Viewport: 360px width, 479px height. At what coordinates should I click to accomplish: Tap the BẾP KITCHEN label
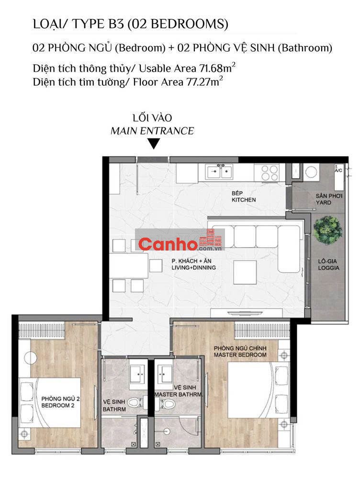(243, 196)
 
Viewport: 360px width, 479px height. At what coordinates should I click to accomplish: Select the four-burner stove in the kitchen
(270, 172)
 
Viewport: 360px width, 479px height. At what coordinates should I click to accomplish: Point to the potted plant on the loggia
(327, 229)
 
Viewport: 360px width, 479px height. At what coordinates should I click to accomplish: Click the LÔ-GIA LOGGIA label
(328, 264)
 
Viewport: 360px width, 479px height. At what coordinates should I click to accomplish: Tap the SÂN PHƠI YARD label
(329, 199)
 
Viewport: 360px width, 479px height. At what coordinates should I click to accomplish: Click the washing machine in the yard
(311, 172)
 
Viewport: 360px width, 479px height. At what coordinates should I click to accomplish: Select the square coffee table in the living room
(245, 272)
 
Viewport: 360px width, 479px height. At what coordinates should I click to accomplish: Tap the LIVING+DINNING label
(193, 268)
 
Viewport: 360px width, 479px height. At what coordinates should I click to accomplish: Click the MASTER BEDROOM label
(240, 354)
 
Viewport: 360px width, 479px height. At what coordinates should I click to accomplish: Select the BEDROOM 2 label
(58, 405)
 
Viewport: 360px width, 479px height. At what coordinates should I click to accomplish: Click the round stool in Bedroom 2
(31, 358)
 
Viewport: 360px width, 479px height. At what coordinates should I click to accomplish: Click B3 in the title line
(115, 24)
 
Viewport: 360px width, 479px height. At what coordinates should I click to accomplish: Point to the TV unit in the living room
(246, 313)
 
